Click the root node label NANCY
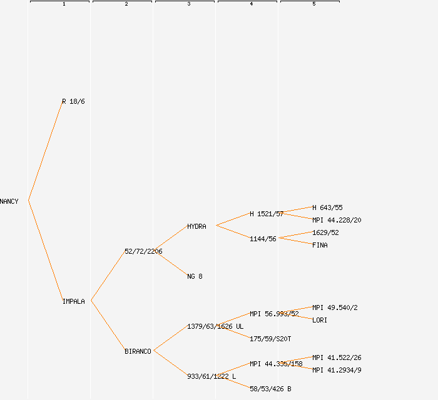[x=9, y=201]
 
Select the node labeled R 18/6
[x=73, y=101]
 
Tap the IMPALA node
[x=73, y=301]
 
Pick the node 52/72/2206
[x=143, y=251]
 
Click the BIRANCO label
[x=138, y=351]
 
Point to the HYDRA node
[x=196, y=226]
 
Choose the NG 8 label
[x=195, y=276]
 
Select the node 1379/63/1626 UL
[x=215, y=326]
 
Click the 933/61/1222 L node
[x=211, y=376]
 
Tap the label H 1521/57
[x=267, y=214]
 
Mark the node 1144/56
[x=263, y=239]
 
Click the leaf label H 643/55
[x=327, y=207]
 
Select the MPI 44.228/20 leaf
[x=337, y=220]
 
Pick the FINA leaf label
[x=320, y=245]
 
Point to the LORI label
[x=320, y=320]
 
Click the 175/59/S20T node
[x=270, y=339]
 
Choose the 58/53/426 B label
[x=270, y=389]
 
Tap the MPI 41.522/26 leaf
[x=337, y=357]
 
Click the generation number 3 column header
[x=189, y=4]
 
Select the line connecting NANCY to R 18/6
[x=45, y=151]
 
